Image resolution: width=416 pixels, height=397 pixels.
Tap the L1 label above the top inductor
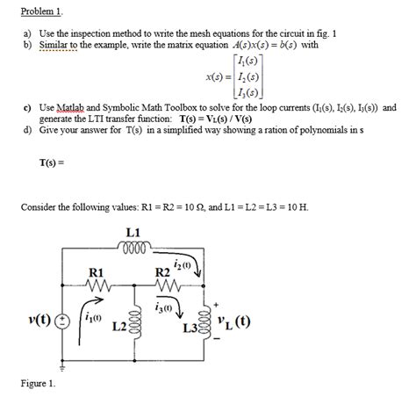134,233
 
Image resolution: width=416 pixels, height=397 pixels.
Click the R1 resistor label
97,272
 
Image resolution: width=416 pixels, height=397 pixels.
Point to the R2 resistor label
161,272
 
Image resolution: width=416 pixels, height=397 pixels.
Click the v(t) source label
36,318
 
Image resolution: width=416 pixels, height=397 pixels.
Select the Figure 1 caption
39,383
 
